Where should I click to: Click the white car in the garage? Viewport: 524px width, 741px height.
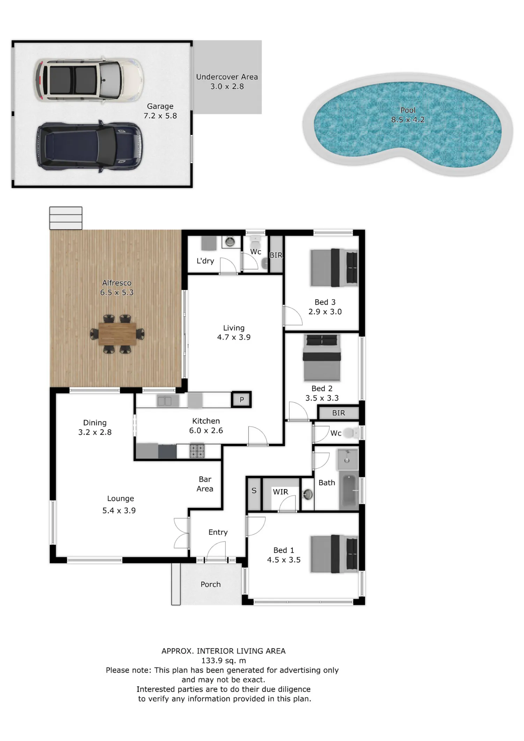[89, 80]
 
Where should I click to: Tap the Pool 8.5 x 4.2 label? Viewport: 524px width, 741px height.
[408, 115]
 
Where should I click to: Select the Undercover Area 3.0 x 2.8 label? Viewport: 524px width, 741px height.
[227, 82]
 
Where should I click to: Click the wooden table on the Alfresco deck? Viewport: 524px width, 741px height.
[117, 334]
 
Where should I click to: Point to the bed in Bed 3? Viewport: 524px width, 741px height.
[334, 267]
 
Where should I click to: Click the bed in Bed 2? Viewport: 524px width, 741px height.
[322, 358]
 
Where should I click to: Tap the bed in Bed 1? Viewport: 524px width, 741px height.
[334, 554]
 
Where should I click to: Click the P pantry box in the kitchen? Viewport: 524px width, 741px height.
[241, 399]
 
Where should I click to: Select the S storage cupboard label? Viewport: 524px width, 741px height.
[254, 491]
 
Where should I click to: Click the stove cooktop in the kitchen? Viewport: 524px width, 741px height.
[197, 451]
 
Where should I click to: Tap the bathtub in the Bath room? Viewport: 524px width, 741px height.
[349, 491]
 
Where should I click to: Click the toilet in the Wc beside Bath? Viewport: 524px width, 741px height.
[351, 433]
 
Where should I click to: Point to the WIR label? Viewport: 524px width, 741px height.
[281, 492]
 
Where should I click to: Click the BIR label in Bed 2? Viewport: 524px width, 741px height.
[339, 413]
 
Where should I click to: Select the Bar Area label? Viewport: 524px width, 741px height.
[205, 484]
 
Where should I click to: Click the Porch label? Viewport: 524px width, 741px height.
[211, 585]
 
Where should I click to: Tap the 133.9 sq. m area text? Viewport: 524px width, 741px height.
[224, 661]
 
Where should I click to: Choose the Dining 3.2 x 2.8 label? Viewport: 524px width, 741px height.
[95, 427]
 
